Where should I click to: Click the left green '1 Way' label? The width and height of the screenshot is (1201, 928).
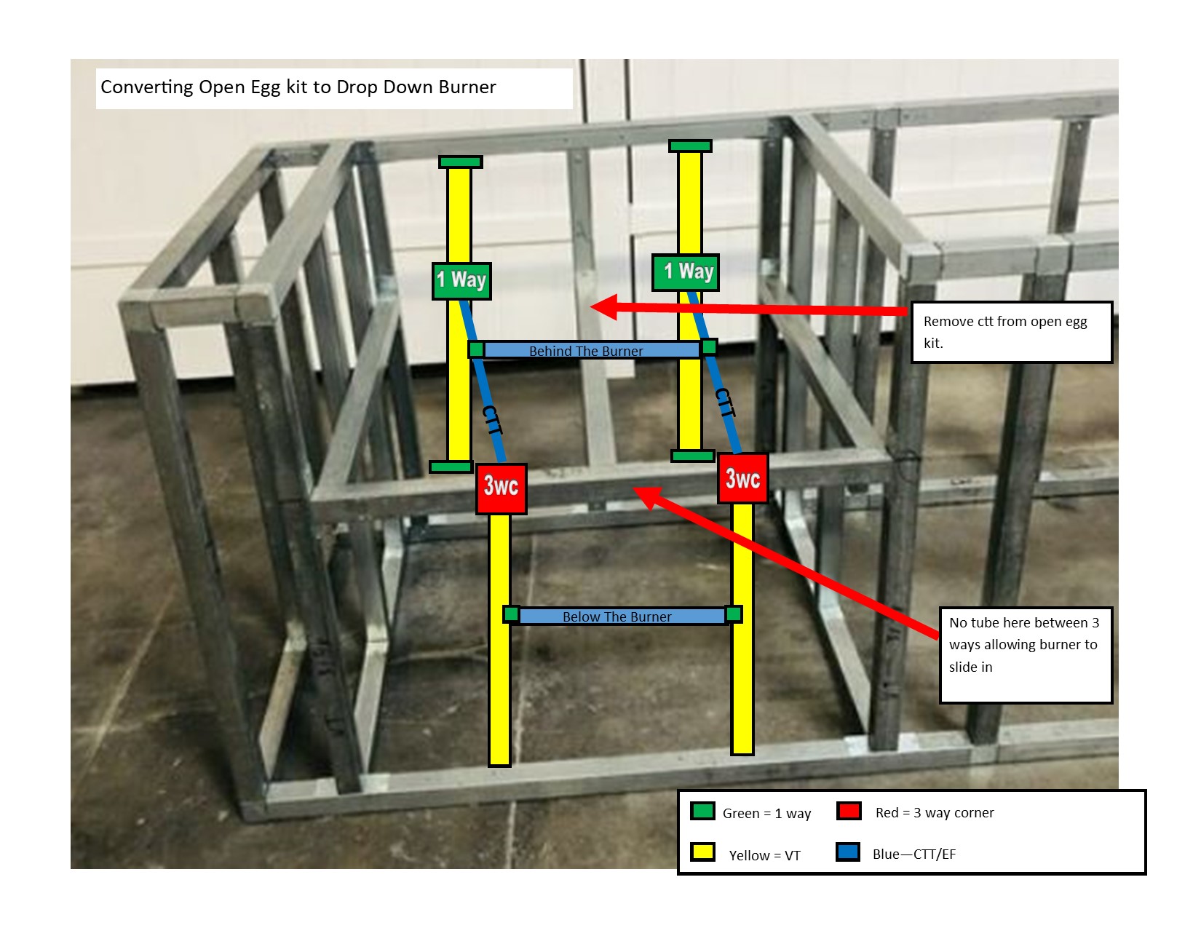point(461,281)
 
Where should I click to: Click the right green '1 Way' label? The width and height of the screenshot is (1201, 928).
point(686,272)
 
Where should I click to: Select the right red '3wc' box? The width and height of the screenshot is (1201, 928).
point(742,478)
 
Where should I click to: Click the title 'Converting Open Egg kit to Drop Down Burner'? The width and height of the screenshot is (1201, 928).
point(298,87)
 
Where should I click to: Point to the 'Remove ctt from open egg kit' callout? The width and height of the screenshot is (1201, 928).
point(1011,332)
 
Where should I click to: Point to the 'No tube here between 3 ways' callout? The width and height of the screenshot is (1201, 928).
point(1026,654)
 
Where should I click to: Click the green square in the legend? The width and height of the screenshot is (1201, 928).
point(702,811)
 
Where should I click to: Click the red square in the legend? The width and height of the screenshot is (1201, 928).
point(849,811)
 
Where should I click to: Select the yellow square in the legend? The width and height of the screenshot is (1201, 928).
point(702,852)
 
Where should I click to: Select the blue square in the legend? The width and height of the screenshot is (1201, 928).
point(848,852)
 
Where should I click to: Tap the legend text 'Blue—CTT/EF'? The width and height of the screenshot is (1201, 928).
point(914,854)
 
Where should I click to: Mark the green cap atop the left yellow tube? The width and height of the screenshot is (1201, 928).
point(460,162)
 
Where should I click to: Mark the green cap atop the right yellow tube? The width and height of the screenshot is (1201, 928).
point(690,146)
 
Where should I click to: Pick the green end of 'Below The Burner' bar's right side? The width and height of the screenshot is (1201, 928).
point(734,614)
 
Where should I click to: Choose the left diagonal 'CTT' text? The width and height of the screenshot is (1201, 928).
point(493,421)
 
